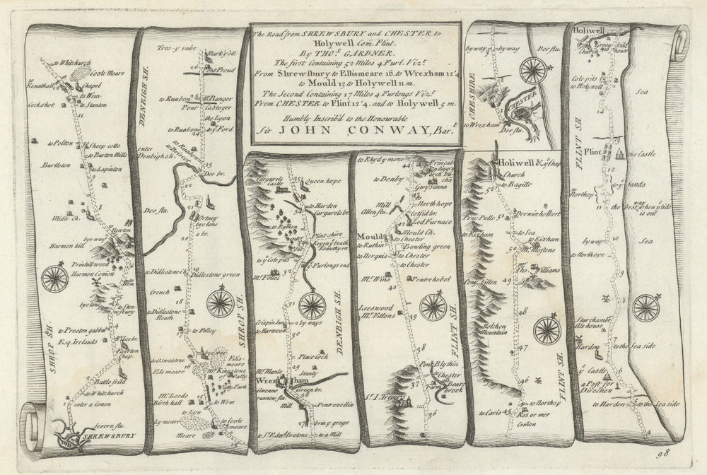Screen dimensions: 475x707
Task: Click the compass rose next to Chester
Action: pyautogui.click(x=534, y=69)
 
